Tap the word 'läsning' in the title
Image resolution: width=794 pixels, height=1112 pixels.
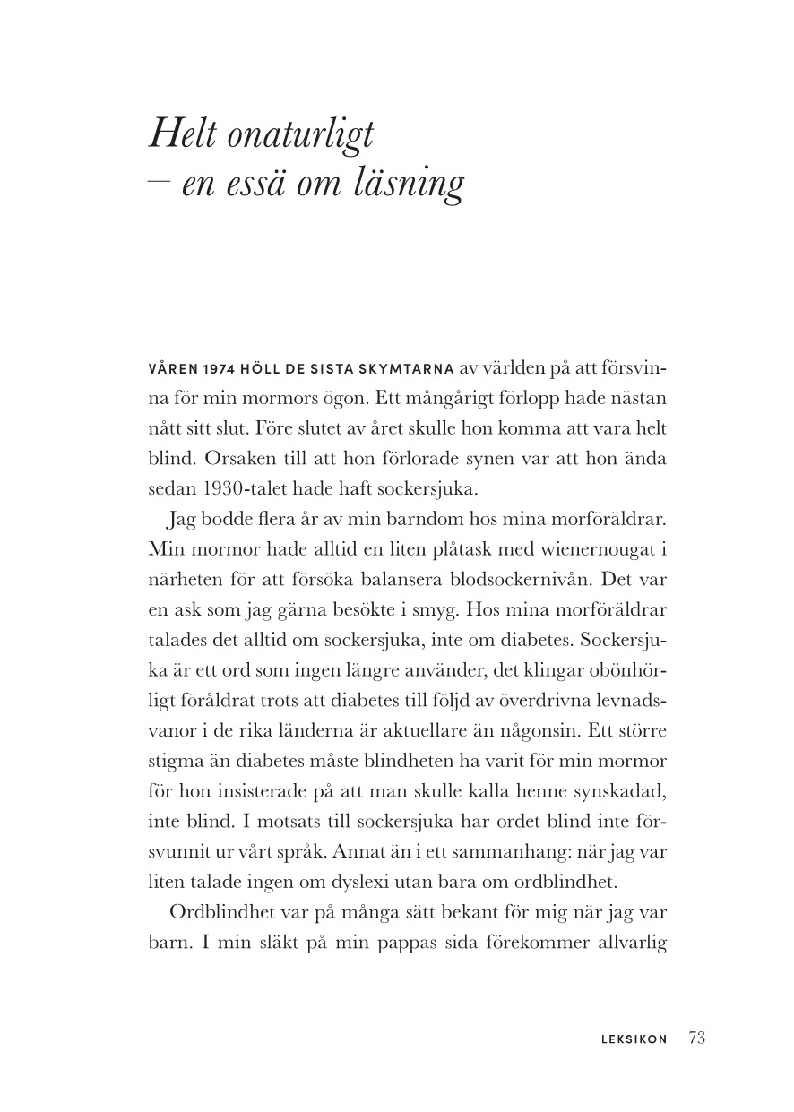416,184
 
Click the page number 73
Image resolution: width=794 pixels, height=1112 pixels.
697,1039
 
